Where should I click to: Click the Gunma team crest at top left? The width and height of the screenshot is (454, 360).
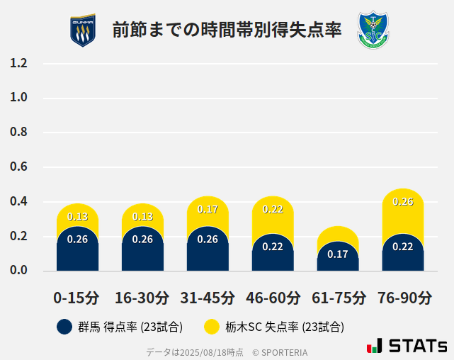click(82, 30)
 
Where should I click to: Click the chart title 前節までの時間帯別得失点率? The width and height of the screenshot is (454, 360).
click(227, 30)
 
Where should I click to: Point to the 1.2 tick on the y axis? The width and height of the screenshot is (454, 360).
click(19, 63)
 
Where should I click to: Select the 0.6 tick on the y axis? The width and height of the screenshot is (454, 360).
click(19, 167)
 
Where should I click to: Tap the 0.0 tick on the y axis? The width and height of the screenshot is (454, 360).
click(19, 271)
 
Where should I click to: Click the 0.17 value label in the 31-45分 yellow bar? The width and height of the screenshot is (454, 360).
click(208, 209)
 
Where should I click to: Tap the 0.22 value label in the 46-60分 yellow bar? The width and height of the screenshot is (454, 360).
click(273, 209)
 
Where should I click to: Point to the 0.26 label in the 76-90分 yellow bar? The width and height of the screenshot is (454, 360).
click(403, 201)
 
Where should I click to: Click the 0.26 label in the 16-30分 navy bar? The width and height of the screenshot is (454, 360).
click(142, 239)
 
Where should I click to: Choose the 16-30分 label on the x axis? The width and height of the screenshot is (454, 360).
click(142, 298)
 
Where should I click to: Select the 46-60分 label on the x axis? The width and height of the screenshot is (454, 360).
click(273, 298)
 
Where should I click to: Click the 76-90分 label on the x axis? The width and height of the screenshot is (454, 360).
click(403, 298)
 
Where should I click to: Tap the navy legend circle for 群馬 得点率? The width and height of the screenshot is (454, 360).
click(64, 327)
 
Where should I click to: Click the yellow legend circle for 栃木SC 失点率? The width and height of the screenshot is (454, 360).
click(211, 327)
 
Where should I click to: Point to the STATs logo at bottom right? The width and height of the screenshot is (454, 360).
click(407, 346)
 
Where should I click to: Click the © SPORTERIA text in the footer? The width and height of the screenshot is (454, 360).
click(280, 351)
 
